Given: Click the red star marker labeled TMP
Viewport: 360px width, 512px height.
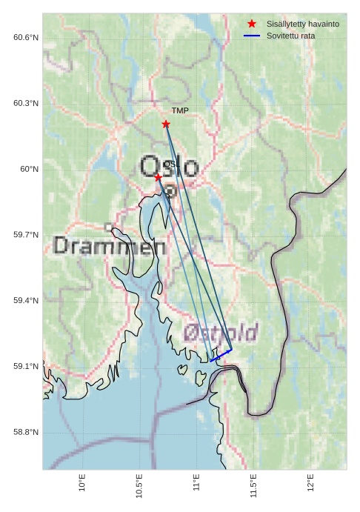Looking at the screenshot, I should coord(166,124).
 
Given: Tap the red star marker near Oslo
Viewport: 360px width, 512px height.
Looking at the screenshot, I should coord(158,176).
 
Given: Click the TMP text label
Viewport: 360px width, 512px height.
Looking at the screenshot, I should coord(180,111).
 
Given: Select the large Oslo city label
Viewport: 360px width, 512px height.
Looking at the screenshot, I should coord(170,167).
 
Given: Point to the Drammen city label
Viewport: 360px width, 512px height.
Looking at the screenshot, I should coord(110,247).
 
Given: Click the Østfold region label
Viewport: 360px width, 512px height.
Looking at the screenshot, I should coord(221,332).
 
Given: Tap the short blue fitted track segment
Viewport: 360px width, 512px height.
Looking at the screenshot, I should coord(221,355).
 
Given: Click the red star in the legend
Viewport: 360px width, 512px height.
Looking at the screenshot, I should coord(252,24).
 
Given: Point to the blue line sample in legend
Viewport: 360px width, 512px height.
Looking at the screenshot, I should coord(252,36).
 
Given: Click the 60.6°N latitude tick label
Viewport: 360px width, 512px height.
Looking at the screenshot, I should coord(26,38).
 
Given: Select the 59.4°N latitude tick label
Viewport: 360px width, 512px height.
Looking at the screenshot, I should coord(26,301).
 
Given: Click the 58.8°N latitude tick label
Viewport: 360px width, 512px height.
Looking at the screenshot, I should coord(26,433).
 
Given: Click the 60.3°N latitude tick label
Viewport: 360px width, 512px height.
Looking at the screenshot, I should coord(26,104).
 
